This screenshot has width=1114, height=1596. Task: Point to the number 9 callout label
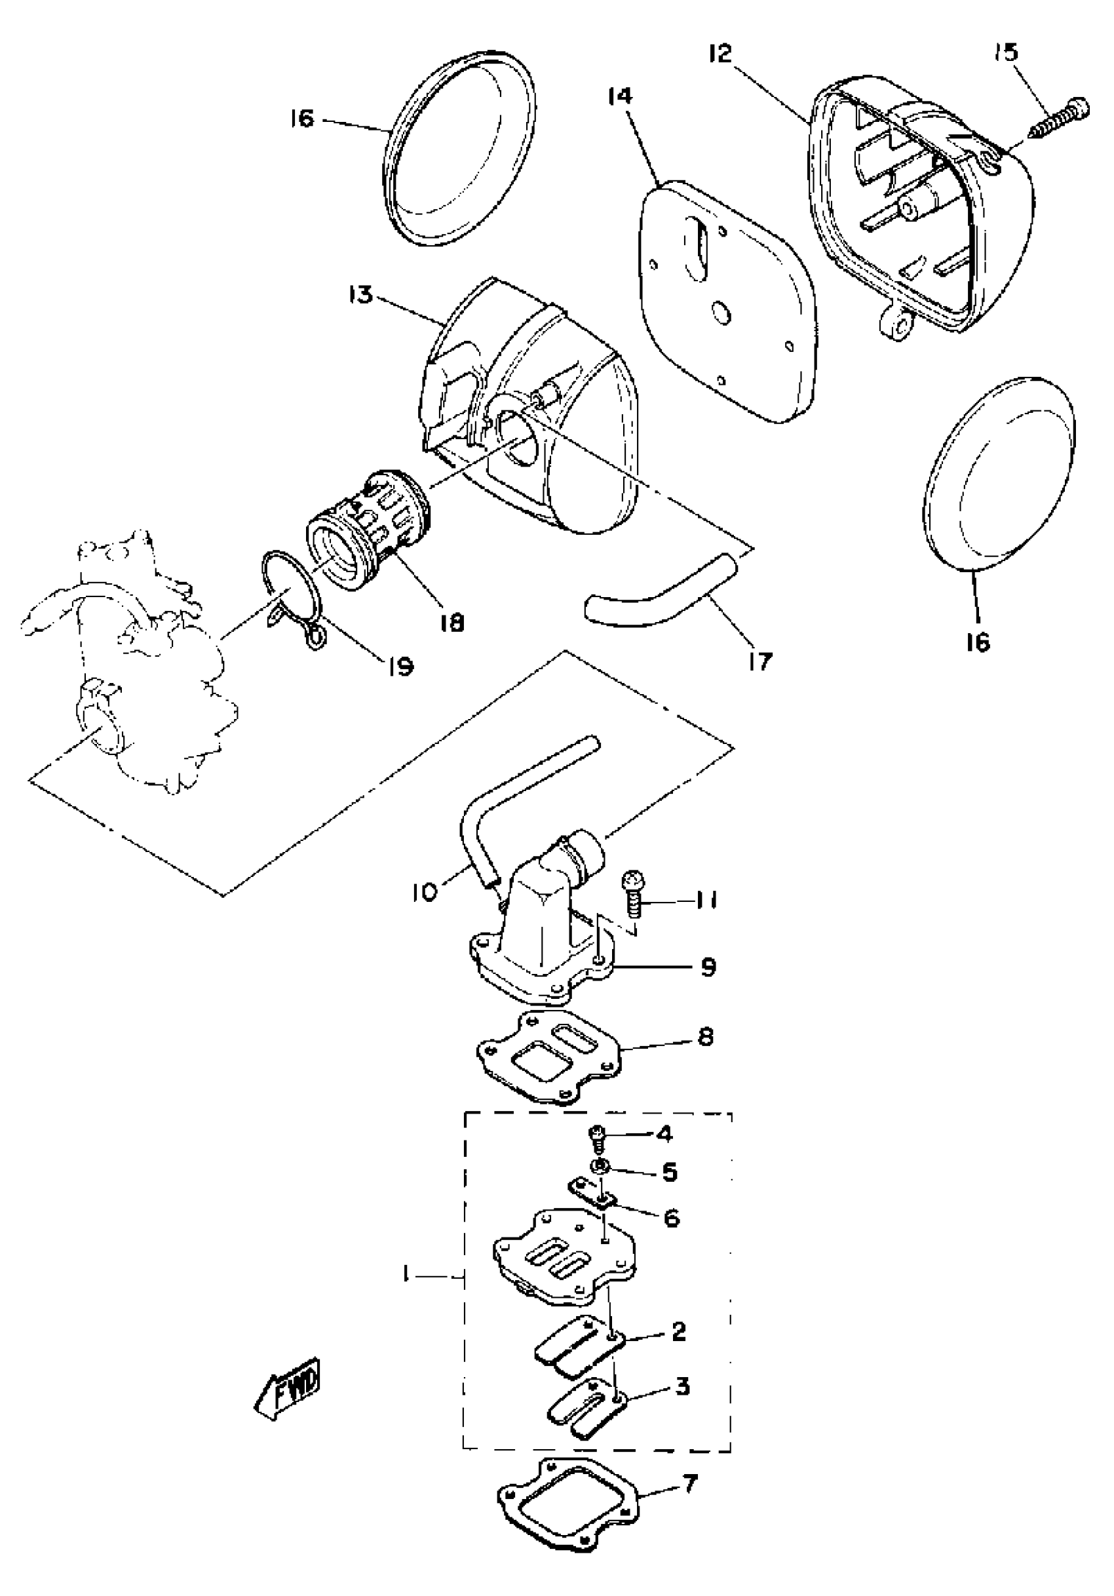(x=708, y=967)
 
